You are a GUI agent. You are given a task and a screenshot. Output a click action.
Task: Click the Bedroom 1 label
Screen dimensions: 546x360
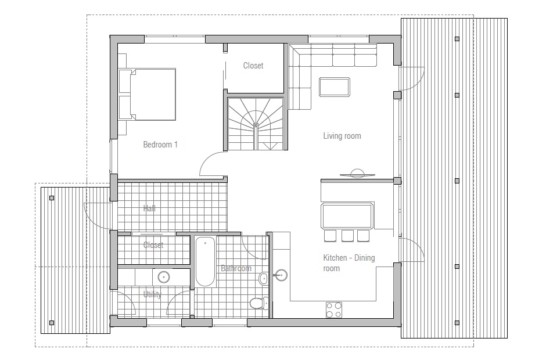pos(160,145)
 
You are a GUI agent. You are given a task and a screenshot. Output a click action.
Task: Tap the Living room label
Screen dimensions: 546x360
pos(342,136)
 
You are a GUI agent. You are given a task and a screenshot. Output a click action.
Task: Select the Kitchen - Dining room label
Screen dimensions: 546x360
pos(349,263)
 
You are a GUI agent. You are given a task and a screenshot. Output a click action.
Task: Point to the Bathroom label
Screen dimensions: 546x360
pos(236,268)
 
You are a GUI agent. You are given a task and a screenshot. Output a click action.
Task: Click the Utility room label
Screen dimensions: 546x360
pos(152,294)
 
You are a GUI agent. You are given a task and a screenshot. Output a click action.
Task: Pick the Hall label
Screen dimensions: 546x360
pos(149,208)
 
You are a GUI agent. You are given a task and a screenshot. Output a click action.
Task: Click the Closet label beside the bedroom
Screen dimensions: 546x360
pos(253,66)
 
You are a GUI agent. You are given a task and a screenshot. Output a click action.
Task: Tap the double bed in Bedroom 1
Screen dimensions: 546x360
pos(147,94)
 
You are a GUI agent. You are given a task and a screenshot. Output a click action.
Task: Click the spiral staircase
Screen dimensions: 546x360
pos(256,124)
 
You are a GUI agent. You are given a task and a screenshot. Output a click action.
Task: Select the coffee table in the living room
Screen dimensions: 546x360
pos(335,87)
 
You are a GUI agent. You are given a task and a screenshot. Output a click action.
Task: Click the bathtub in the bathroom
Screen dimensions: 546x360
pos(205,261)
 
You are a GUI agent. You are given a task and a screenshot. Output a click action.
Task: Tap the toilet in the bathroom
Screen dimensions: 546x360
pos(259,303)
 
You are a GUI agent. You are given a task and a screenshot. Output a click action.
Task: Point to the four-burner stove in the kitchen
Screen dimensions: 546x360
pos(333,310)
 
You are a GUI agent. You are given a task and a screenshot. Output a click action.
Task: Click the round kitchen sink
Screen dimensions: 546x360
pos(281,275)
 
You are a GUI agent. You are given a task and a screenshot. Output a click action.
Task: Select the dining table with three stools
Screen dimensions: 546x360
pos(347,216)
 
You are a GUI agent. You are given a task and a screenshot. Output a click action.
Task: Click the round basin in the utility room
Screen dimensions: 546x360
pos(164,277)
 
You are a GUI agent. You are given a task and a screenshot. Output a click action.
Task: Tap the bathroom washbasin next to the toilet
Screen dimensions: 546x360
pos(264,278)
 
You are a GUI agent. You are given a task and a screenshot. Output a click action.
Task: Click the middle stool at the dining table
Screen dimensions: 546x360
pos(347,236)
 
